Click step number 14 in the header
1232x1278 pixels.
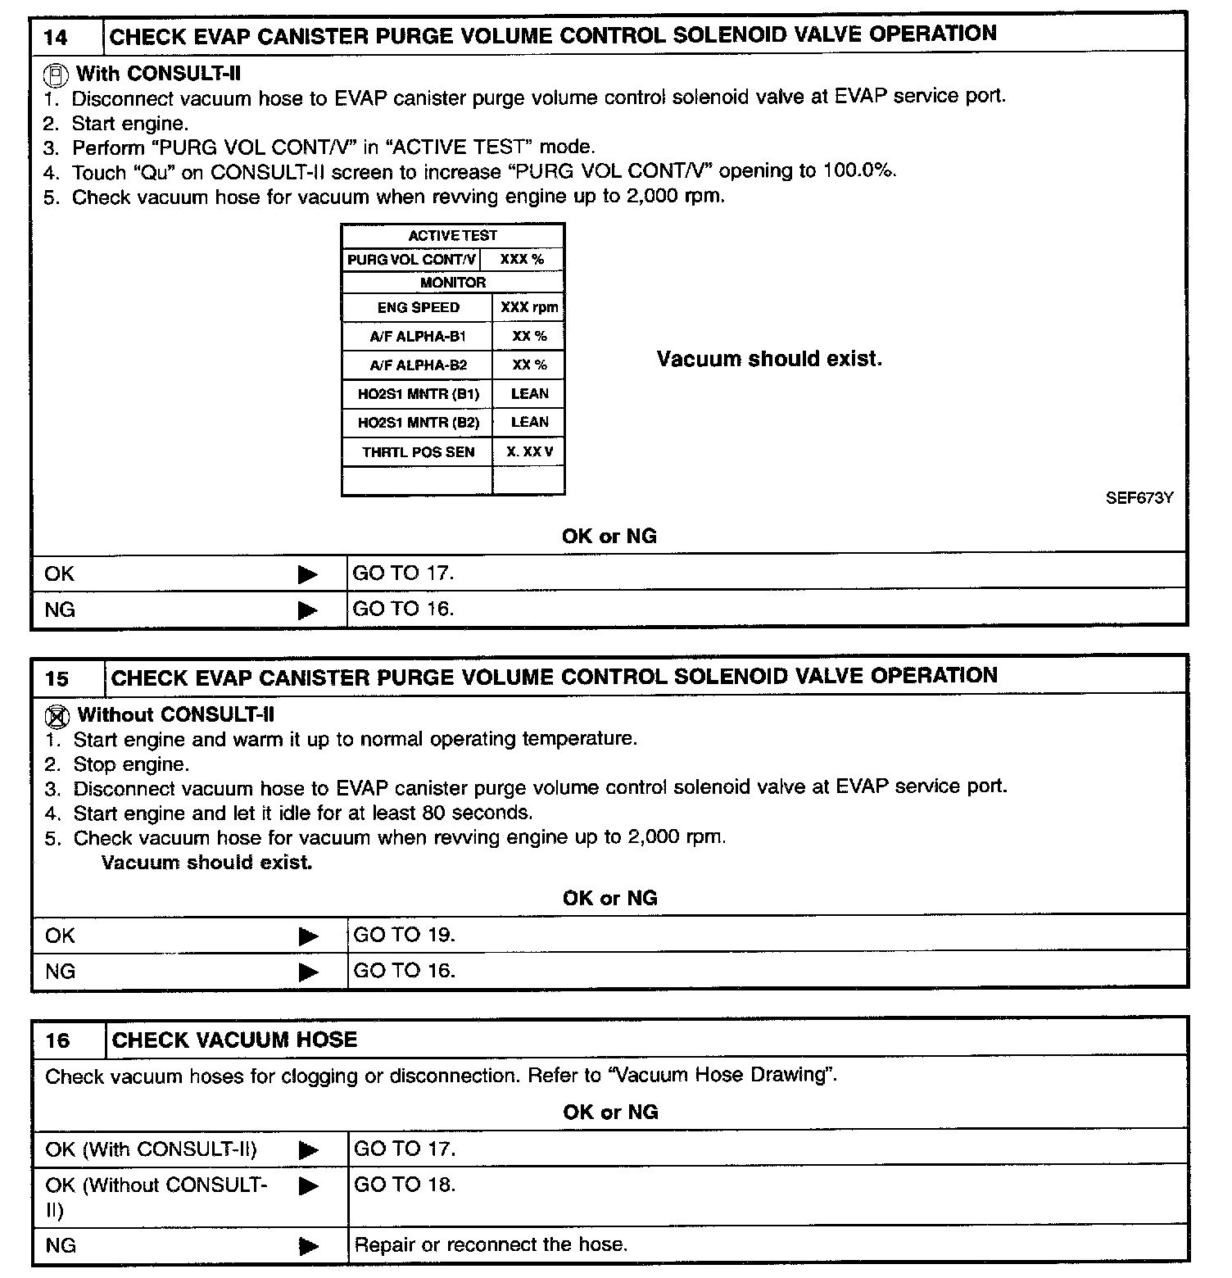point(57,37)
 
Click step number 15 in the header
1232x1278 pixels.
point(57,678)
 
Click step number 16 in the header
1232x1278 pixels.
point(58,1040)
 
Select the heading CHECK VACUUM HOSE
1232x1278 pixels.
point(234,1040)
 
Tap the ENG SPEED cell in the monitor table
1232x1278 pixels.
point(418,308)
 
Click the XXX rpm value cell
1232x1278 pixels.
point(529,308)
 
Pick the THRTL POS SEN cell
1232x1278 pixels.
point(418,452)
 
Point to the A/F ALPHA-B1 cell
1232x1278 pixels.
point(418,337)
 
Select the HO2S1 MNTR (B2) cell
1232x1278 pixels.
point(418,423)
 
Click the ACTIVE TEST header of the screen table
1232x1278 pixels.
point(453,236)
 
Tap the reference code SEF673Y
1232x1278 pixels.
point(1139,498)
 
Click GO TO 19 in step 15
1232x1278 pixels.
point(404,935)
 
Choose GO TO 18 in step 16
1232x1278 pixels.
point(404,1185)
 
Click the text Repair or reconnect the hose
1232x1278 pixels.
point(491,1245)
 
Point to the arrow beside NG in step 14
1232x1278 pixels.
point(308,610)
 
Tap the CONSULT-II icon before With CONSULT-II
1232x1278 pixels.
point(55,75)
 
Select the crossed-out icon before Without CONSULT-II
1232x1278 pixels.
point(56,717)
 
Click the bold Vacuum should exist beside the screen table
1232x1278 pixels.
point(769,360)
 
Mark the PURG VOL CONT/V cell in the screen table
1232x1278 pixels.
point(411,260)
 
